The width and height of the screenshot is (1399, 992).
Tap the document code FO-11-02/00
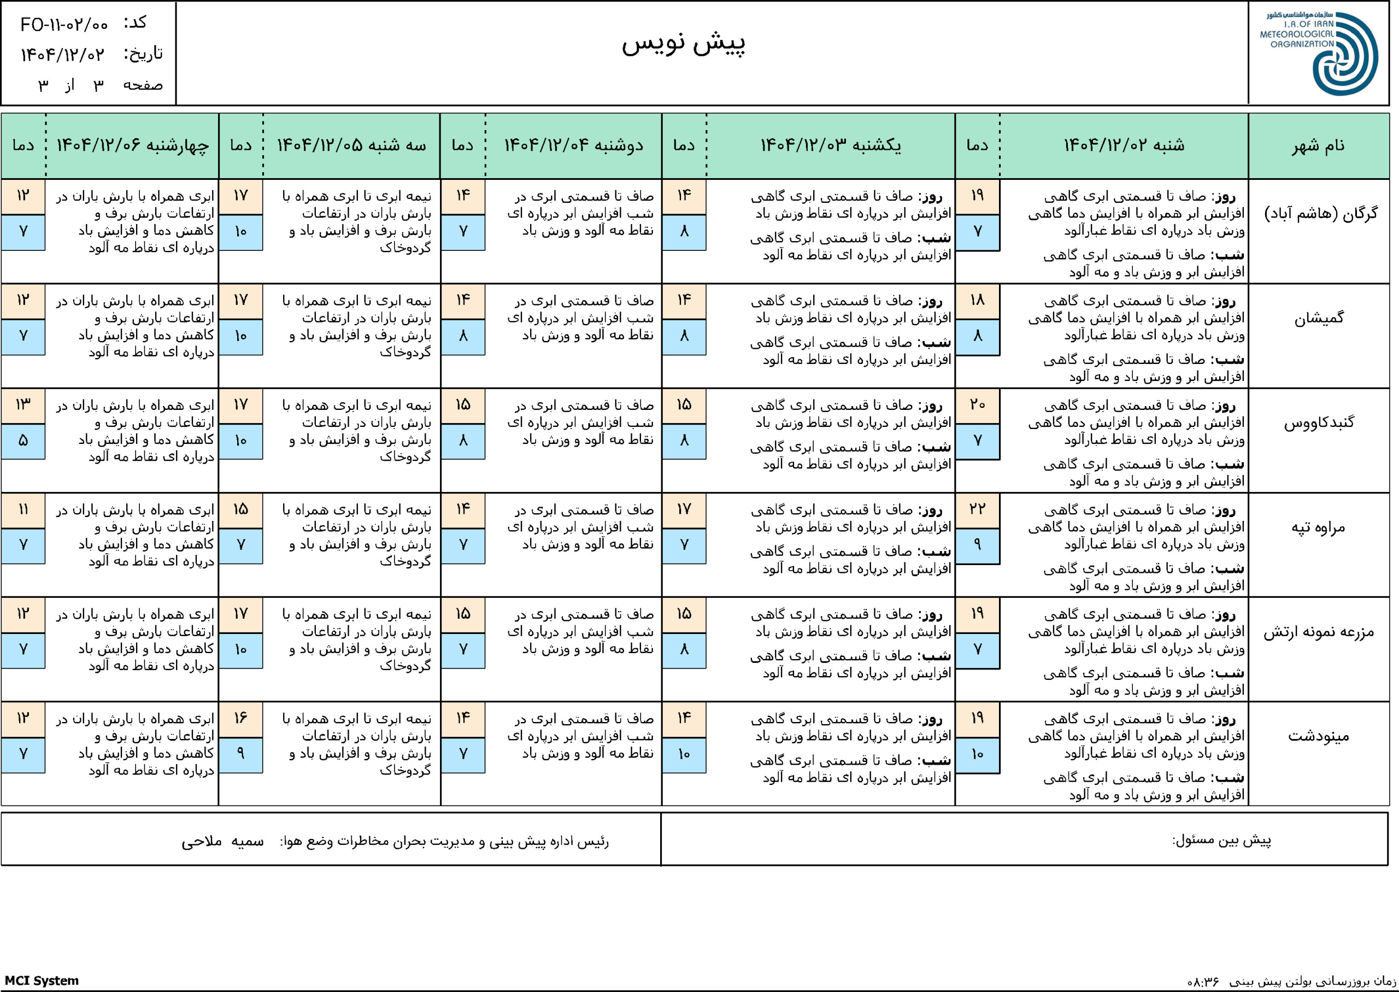click(x=64, y=25)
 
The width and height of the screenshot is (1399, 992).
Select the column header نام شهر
click(x=1318, y=146)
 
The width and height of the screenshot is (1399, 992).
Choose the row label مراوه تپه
click(x=1318, y=527)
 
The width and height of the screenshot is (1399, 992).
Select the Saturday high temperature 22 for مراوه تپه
click(x=977, y=509)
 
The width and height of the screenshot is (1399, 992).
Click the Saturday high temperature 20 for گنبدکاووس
click(x=977, y=405)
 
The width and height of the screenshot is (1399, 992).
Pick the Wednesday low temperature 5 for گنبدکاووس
click(x=23, y=441)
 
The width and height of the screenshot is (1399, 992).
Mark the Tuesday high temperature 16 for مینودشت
click(x=240, y=718)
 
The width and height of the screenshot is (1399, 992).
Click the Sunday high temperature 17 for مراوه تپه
click(x=684, y=509)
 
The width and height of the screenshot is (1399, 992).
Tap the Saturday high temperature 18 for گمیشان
click(x=977, y=301)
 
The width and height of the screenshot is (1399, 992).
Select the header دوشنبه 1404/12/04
click(x=573, y=146)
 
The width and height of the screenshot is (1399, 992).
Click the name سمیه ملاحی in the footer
click(x=222, y=842)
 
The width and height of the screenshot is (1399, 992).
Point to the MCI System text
click(x=42, y=981)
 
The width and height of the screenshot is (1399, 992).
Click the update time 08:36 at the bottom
click(x=1202, y=982)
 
